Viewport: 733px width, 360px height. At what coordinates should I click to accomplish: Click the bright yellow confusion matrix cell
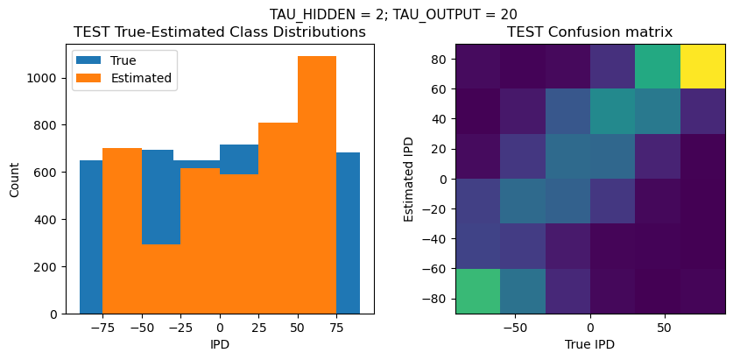click(703, 66)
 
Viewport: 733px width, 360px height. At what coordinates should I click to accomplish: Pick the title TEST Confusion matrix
click(590, 32)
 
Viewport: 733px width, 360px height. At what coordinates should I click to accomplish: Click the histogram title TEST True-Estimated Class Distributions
click(219, 32)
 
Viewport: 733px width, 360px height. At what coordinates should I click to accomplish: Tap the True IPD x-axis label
click(590, 344)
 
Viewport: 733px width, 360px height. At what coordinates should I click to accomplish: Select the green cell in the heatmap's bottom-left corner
click(477, 291)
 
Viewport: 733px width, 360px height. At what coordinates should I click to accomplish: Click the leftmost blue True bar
click(90, 236)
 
